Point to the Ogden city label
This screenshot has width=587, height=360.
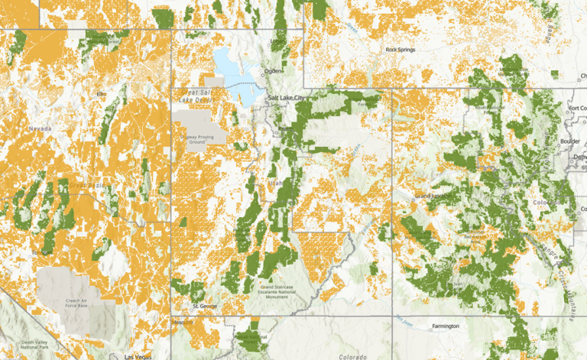point(272,71)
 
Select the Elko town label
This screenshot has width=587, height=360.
point(101,93)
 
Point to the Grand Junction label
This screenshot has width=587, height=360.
point(433,196)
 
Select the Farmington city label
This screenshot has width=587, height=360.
point(444,326)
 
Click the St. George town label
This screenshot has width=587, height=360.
point(205,306)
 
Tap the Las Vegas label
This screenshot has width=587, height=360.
point(138,356)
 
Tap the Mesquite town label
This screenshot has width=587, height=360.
point(180,323)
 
